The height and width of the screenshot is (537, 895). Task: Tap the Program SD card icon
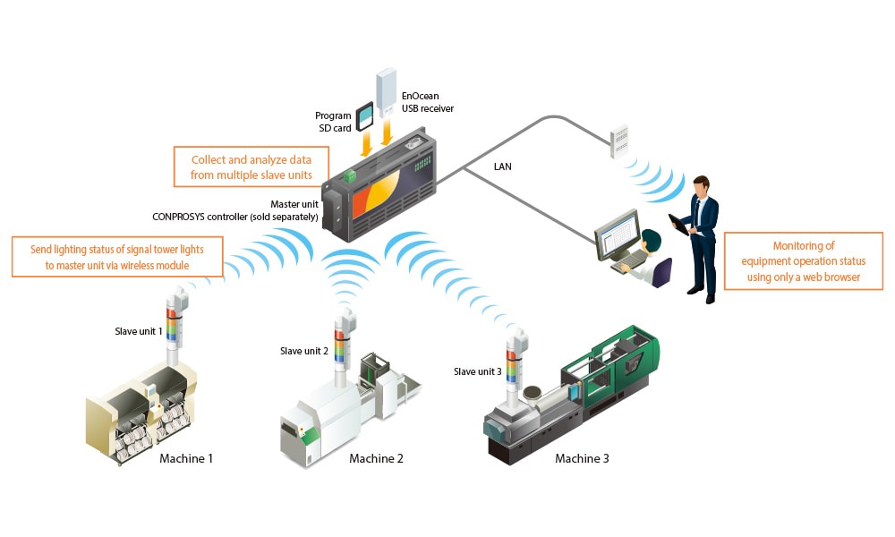(365, 117)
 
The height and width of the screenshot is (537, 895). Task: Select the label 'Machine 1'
(186, 459)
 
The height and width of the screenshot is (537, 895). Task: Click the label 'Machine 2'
(376, 459)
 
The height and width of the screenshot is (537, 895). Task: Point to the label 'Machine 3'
(582, 459)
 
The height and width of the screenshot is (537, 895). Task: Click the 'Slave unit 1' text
(139, 331)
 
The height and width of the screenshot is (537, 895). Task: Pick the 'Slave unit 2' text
(304, 350)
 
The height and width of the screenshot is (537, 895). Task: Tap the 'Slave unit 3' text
(478, 371)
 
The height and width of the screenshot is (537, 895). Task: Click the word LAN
(503, 167)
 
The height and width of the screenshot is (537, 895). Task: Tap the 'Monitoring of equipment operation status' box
(803, 261)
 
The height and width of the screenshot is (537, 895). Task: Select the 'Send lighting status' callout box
(118, 256)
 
